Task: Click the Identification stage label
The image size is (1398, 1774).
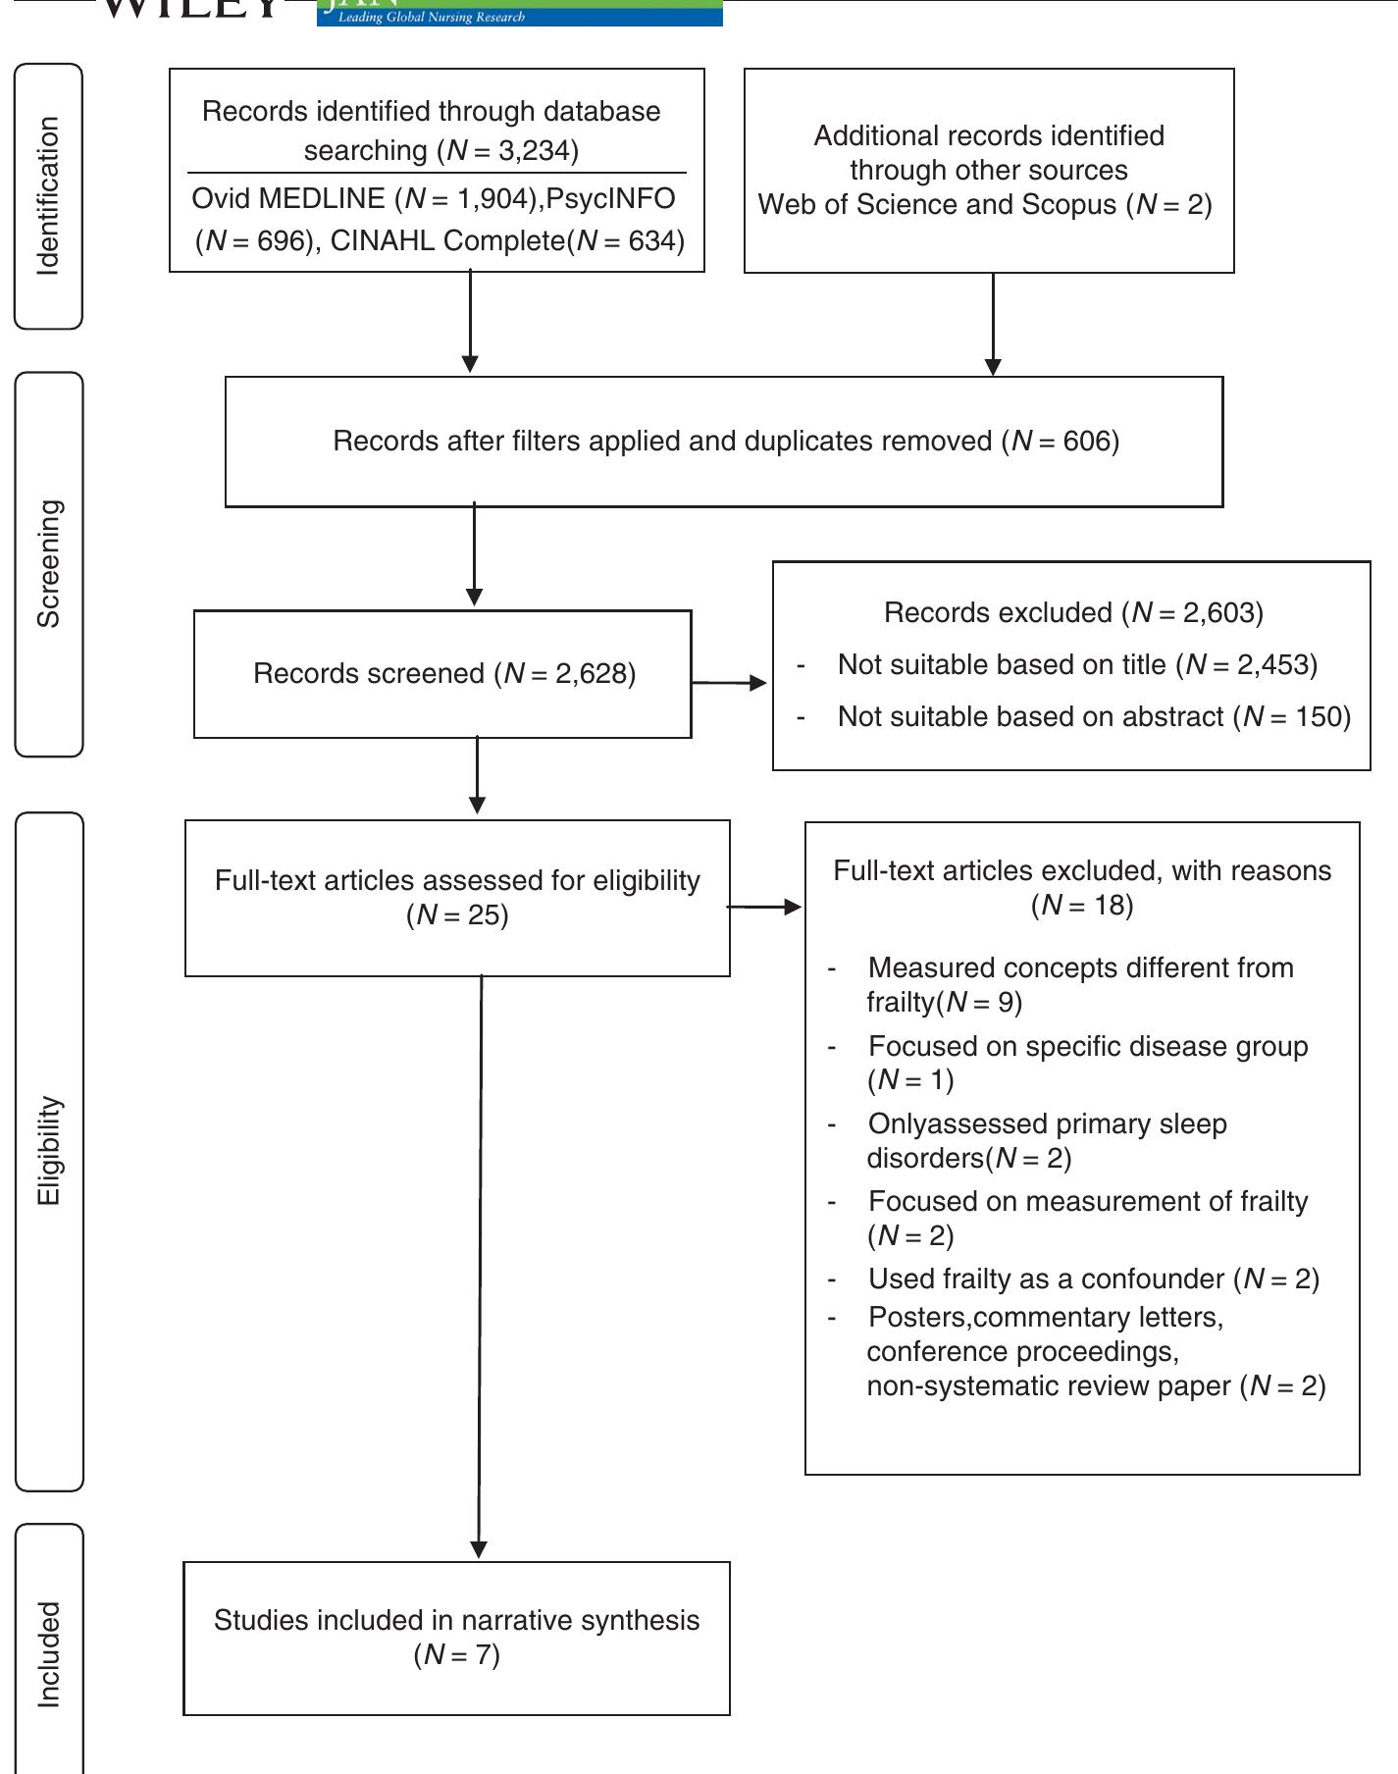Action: point(48,196)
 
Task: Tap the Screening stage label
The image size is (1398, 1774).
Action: point(48,563)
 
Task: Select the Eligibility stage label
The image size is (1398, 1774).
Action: point(48,1151)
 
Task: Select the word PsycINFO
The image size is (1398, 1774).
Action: point(610,198)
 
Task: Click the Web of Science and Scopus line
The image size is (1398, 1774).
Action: point(984,204)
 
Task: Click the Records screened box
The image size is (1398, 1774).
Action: point(443,673)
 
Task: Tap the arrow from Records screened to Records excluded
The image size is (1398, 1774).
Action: point(731,682)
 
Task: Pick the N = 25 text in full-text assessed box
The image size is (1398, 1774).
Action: point(457,914)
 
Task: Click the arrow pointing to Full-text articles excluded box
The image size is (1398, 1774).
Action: point(765,907)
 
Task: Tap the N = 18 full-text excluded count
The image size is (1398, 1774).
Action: point(1082,904)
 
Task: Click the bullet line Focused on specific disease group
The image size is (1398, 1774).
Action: point(1087,1046)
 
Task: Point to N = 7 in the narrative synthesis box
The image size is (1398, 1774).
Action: point(457,1655)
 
